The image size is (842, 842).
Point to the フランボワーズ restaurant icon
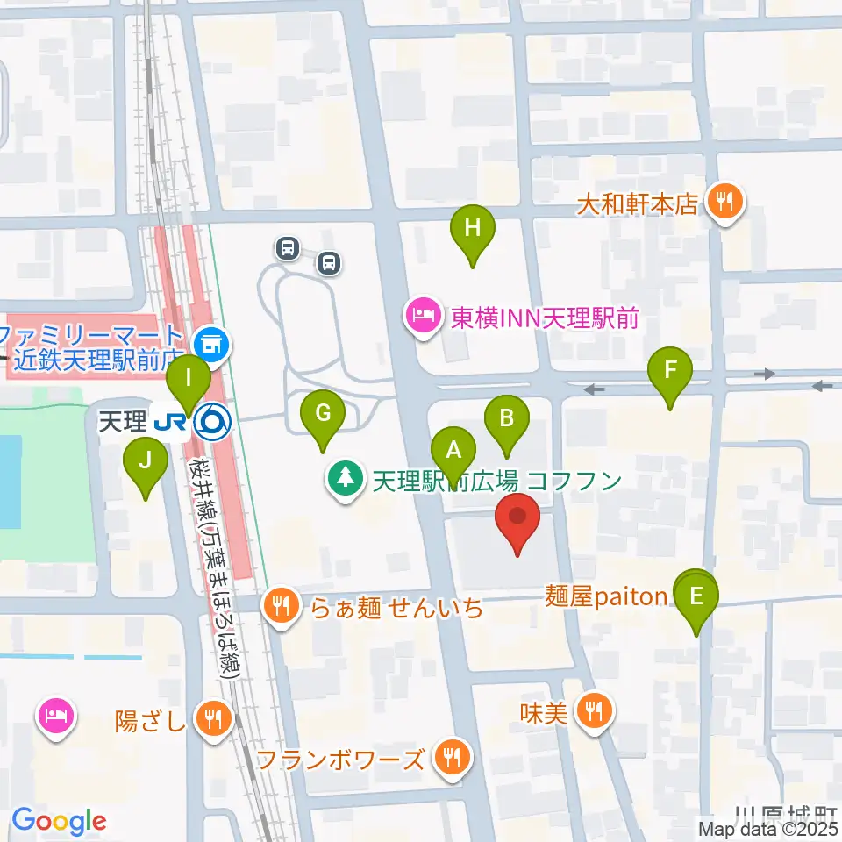[453, 758]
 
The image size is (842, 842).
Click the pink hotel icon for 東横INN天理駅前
[422, 317]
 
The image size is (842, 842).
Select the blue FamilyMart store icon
[211, 343]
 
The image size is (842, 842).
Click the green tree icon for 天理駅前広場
[346, 480]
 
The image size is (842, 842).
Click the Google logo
[59, 821]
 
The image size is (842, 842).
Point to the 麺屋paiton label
[606, 597]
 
